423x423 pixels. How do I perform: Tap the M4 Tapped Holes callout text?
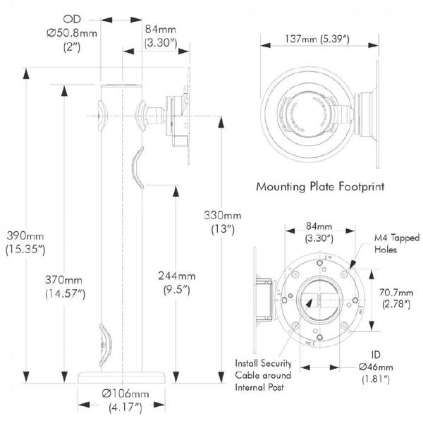coord(396,243)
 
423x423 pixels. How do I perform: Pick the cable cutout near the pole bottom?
coord(105,343)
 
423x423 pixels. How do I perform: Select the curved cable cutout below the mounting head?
coord(139,168)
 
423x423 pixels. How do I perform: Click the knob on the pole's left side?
coord(102,116)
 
